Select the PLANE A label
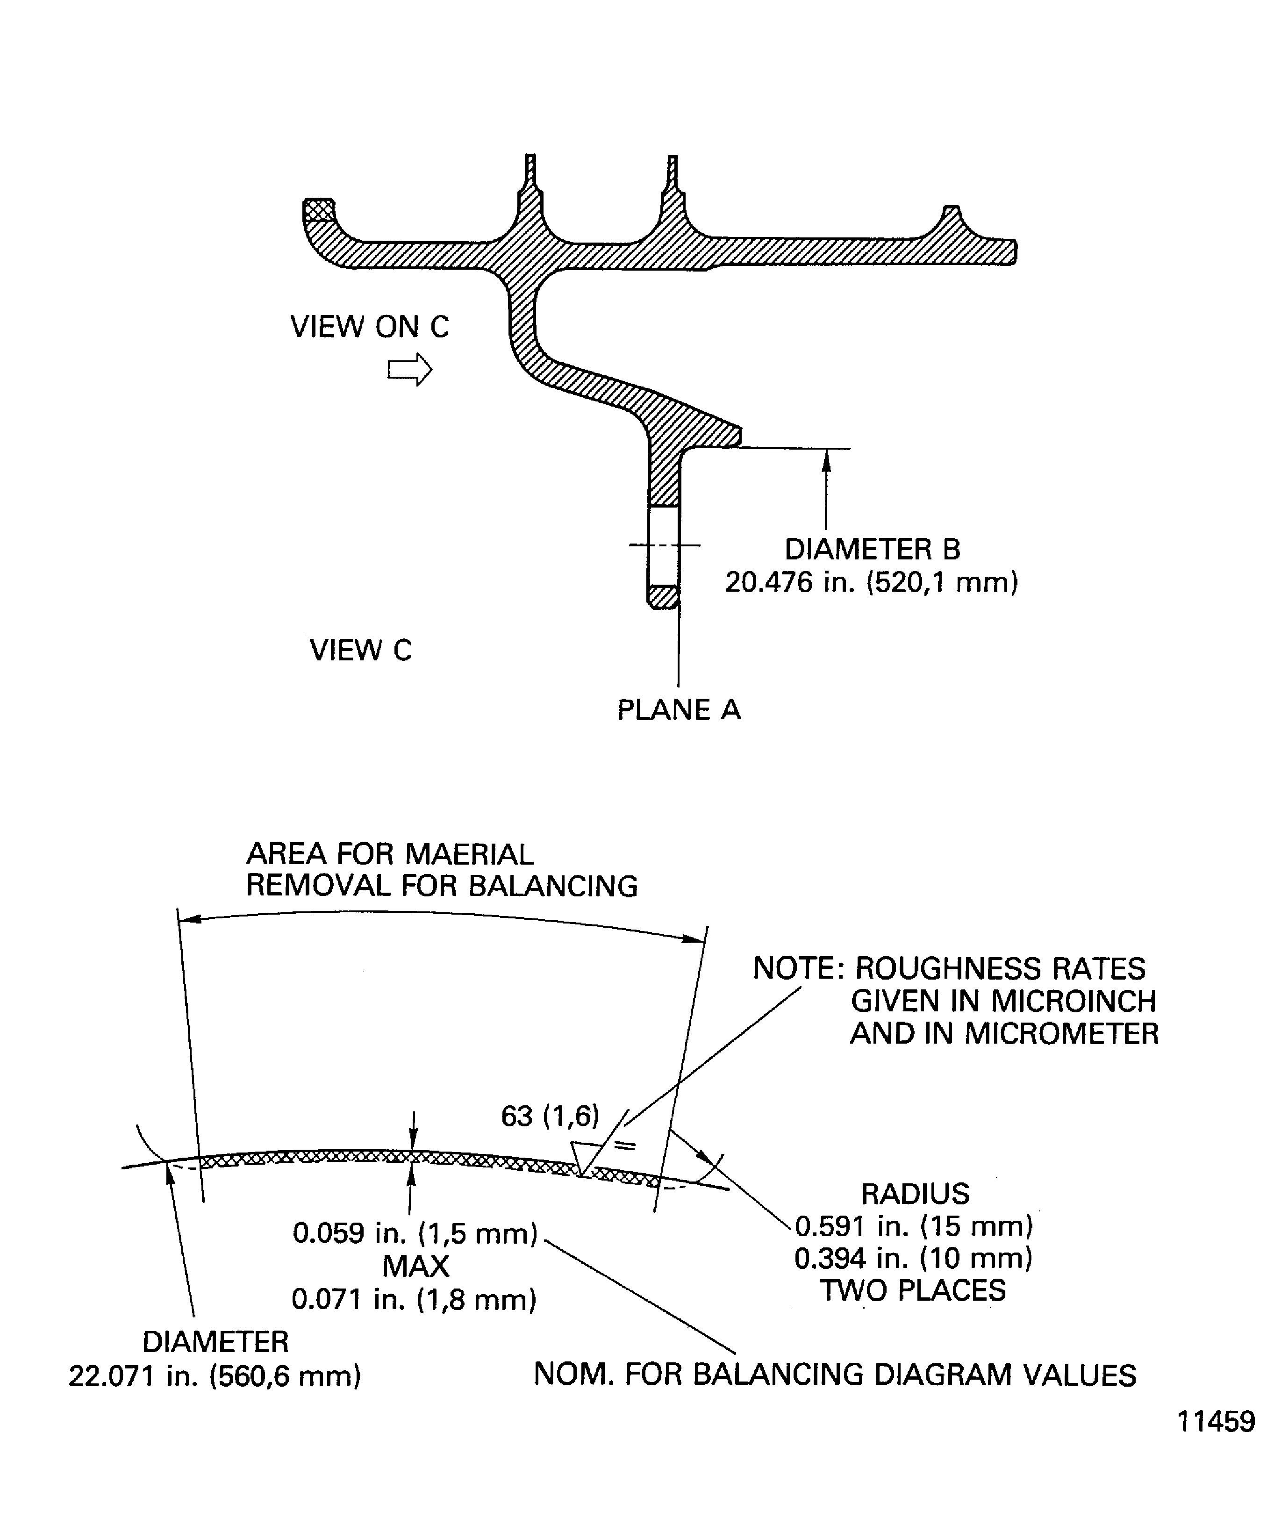[679, 710]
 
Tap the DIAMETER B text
[873, 550]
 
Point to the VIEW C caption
[360, 650]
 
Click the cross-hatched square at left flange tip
[319, 210]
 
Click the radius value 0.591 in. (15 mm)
[914, 1226]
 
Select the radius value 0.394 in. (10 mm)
[914, 1259]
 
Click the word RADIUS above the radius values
[915, 1194]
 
